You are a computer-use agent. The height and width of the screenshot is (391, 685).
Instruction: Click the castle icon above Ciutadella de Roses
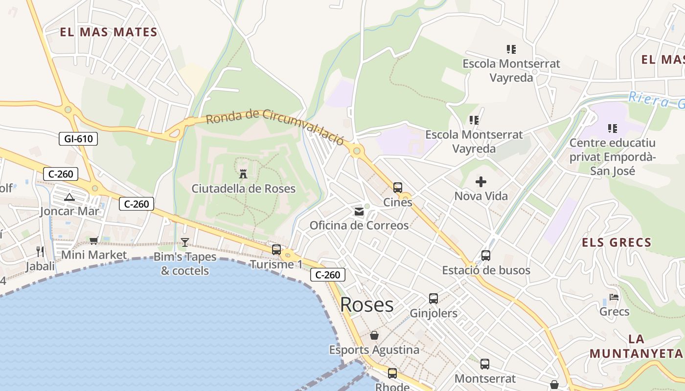pos(243,174)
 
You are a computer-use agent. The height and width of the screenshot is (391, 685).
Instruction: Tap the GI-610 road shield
pos(78,139)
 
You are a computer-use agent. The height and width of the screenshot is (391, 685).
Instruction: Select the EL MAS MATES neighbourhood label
pos(109,33)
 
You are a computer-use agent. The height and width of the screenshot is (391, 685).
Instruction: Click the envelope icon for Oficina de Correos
pos(359,211)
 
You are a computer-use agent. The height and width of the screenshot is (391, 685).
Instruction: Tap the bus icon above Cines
pos(398,187)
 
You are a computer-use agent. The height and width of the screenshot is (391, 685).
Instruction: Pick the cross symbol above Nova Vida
pos(481,182)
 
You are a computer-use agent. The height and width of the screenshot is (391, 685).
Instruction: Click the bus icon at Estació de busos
pos(486,256)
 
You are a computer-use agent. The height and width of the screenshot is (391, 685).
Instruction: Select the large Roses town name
pos(366,304)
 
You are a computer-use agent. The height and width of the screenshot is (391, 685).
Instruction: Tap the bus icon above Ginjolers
pos(434,299)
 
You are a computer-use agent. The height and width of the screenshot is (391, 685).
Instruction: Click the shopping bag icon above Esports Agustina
pos(374,335)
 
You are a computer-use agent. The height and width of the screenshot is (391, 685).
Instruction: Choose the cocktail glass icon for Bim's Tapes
pos(185,242)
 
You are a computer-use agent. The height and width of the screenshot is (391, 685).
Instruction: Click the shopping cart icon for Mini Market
pos(93,240)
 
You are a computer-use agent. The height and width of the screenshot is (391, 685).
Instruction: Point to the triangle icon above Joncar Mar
pos(69,197)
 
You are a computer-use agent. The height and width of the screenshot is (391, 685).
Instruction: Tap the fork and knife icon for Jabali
pos(40,252)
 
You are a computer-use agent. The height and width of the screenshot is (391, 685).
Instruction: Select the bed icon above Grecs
pos(614,297)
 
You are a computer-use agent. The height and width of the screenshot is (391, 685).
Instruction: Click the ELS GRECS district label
pos(616,242)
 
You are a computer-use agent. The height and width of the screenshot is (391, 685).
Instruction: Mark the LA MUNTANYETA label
pos(636,346)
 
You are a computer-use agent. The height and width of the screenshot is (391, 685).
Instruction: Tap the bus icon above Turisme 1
pos(276,250)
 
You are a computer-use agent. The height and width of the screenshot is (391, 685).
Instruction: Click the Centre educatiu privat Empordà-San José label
pos(613,157)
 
